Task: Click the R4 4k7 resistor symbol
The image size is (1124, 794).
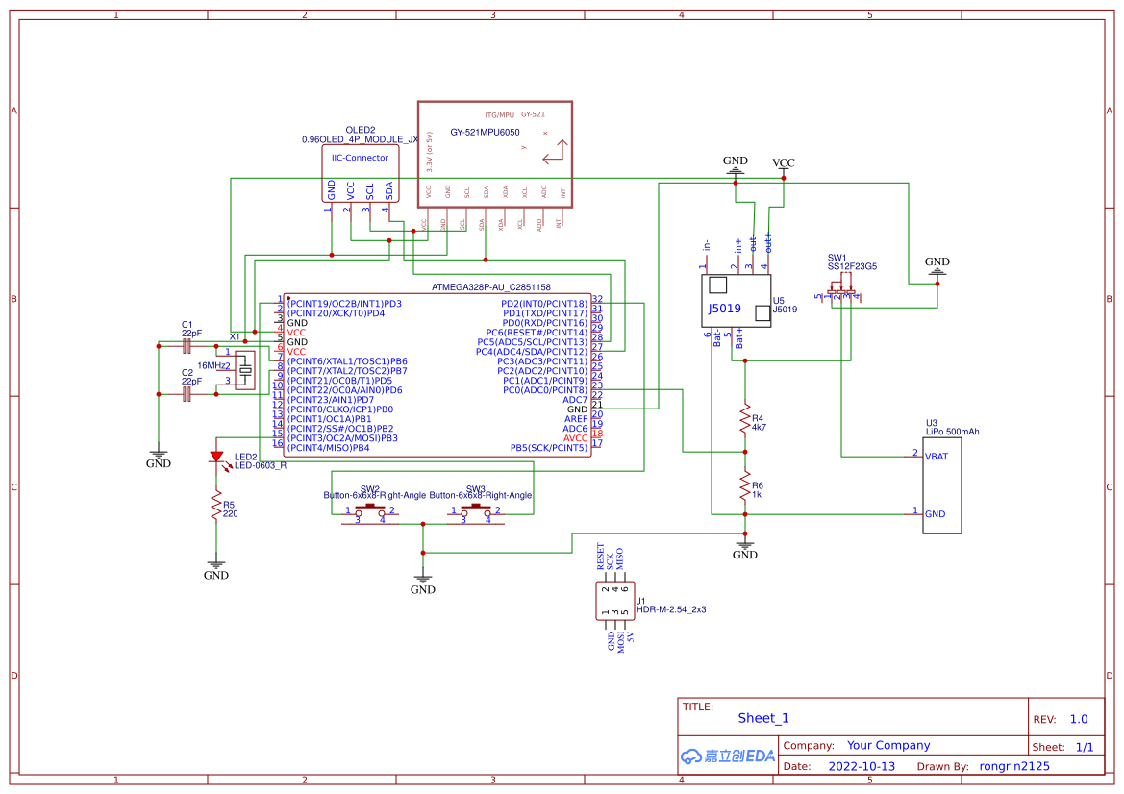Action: point(743,418)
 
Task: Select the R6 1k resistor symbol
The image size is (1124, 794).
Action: point(743,485)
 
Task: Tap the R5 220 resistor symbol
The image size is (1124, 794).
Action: point(216,507)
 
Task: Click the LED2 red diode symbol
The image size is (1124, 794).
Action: point(216,458)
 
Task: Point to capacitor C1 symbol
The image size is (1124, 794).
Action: point(188,343)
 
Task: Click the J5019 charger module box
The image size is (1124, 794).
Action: point(737,300)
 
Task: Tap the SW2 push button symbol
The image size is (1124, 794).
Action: point(370,509)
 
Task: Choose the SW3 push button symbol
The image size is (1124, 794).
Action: point(476,509)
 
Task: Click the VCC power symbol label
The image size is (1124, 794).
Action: point(784,163)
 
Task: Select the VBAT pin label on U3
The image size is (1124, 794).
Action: point(936,457)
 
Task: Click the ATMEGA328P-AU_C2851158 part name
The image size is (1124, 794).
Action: point(490,287)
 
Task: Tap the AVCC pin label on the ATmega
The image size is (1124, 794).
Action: point(575,437)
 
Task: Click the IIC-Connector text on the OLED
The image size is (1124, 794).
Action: point(360,158)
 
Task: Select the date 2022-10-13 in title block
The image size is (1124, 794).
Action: point(861,766)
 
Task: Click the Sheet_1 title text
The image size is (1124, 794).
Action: point(762,718)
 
